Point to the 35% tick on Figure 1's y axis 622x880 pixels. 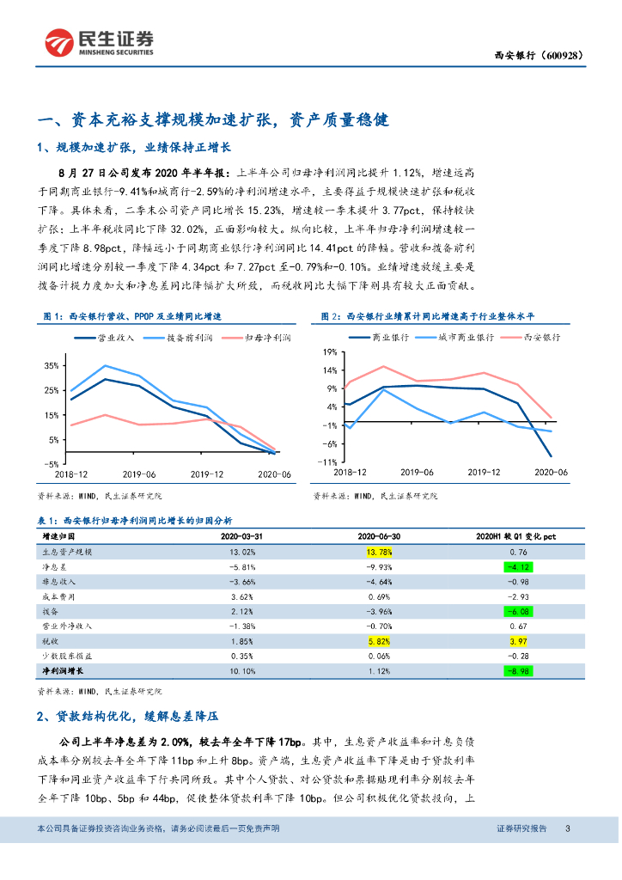point(50,366)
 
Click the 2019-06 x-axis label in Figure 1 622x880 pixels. point(138,474)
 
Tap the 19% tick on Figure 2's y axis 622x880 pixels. point(327,352)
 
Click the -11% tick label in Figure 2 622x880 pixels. point(326,461)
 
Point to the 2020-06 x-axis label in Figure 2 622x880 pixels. point(551,473)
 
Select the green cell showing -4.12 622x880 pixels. point(518,567)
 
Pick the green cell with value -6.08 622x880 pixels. point(518,612)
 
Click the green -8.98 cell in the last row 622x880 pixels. point(518,671)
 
